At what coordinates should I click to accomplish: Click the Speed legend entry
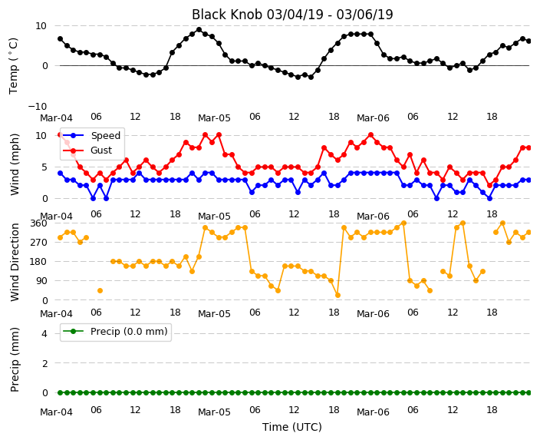pyautogui.click(x=105, y=135)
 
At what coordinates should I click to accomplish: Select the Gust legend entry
pyautogui.click(x=101, y=151)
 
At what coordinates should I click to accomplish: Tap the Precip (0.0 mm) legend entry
pyautogui.click(x=129, y=332)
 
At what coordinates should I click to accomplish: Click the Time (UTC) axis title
pyautogui.click(x=292, y=427)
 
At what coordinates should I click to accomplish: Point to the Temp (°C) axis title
pyautogui.click(x=13, y=66)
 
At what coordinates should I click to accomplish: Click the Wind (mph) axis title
pyautogui.click(x=15, y=164)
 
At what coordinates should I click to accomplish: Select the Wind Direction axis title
pyautogui.click(x=15, y=262)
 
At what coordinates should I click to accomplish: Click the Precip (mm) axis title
pyautogui.click(x=15, y=360)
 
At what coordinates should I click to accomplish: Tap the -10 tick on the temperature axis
pyautogui.click(x=37, y=106)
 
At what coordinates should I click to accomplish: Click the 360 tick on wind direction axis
pyautogui.click(x=38, y=223)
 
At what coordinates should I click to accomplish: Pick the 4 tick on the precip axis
pyautogui.click(x=44, y=333)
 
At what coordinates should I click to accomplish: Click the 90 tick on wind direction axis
pyautogui.click(x=41, y=281)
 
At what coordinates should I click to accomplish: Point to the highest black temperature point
pyautogui.click(x=199, y=30)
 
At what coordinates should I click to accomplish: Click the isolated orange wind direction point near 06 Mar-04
pyautogui.click(x=100, y=291)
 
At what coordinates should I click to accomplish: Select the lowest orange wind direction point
pyautogui.click(x=337, y=295)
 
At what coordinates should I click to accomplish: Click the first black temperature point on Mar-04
pyautogui.click(x=61, y=38)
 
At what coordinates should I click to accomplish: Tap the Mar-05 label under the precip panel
pyautogui.click(x=214, y=412)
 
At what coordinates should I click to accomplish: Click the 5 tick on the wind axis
pyautogui.click(x=44, y=167)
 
